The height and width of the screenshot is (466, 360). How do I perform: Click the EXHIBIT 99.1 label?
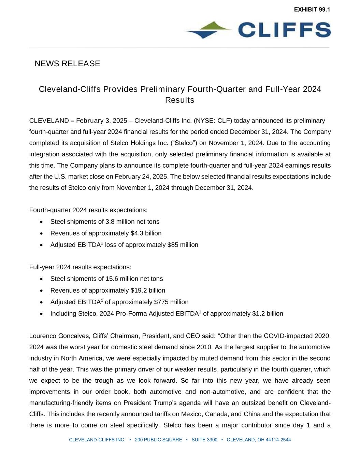pyautogui.click(x=312, y=10)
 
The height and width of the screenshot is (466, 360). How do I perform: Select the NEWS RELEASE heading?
pyautogui.click(x=67, y=63)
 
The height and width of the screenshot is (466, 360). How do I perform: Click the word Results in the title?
pyautogui.click(x=179, y=100)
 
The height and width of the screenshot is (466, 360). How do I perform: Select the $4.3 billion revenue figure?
pyautogui.click(x=146, y=234)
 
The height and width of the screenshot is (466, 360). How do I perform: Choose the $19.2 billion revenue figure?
pyautogui.click(x=148, y=291)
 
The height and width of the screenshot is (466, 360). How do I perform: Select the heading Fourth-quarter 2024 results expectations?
pyautogui.click(x=88, y=210)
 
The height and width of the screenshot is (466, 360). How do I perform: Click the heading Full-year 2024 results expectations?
pyautogui.click(x=80, y=267)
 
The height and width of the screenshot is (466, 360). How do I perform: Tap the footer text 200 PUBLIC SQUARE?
pyautogui.click(x=158, y=440)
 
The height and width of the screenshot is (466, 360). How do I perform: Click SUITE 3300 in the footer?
pyautogui.click(x=204, y=440)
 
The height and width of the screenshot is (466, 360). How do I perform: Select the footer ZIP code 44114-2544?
pyautogui.click(x=278, y=440)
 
